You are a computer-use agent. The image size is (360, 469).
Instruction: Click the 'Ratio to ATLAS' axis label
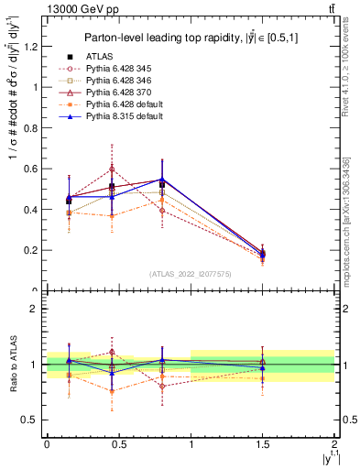tap(11, 365)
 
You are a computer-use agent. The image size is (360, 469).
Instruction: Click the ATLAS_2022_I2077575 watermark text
tap(191, 274)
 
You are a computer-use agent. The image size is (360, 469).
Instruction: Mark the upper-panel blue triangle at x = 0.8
tap(161, 180)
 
